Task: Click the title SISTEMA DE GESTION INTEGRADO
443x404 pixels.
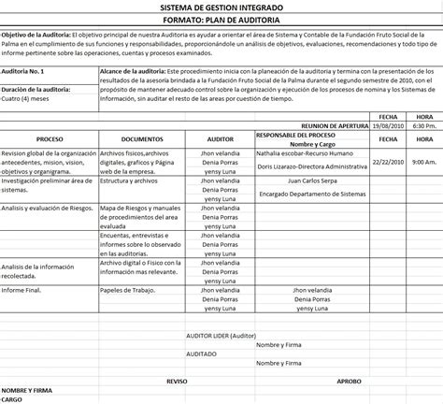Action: click(x=221, y=7)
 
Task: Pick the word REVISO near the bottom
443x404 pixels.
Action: click(x=177, y=382)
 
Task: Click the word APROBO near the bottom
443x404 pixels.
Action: click(x=347, y=382)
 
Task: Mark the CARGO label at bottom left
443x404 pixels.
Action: click(x=14, y=399)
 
